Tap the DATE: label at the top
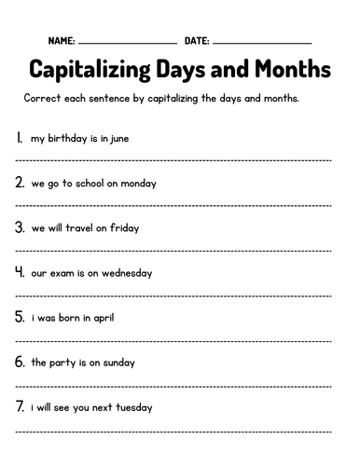pyautogui.click(x=197, y=42)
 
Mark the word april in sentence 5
pyautogui.click(x=102, y=318)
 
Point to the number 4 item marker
pyautogui.click(x=20, y=272)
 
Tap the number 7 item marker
pyautogui.click(x=20, y=406)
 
